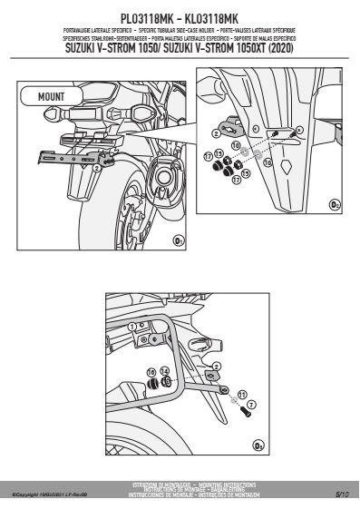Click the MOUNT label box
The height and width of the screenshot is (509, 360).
52,94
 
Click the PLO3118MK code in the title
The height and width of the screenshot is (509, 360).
146,16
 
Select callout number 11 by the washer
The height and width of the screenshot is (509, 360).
240,395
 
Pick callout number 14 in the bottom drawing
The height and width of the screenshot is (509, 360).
164,371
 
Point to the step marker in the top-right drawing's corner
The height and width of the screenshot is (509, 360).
335,206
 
